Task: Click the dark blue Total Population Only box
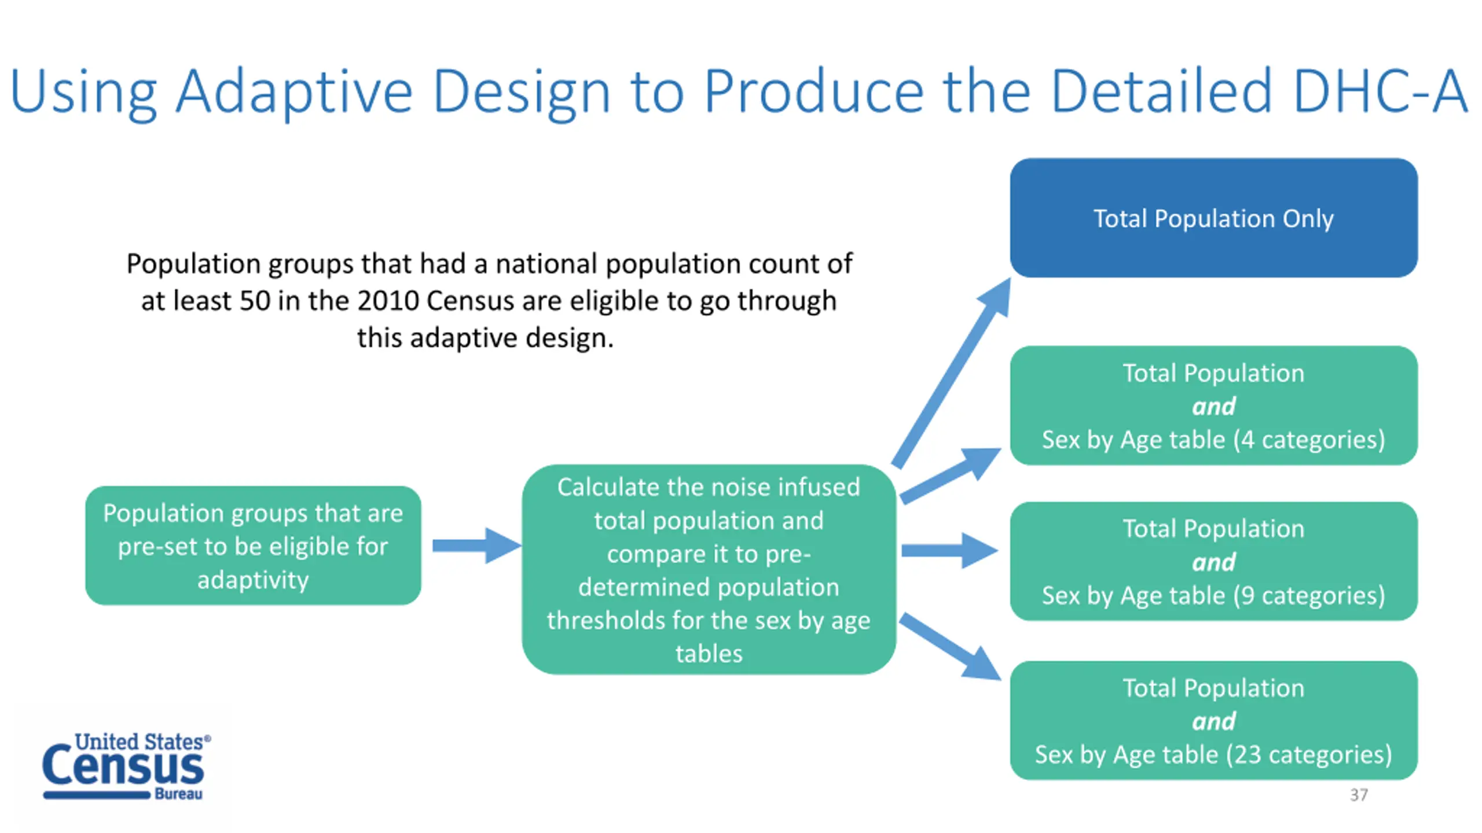click(x=1213, y=218)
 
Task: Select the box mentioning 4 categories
click(x=1213, y=406)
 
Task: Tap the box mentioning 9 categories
click(x=1213, y=561)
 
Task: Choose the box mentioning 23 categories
click(x=1213, y=721)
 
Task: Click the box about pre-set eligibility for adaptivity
click(x=253, y=545)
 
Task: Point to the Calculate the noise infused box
click(x=709, y=569)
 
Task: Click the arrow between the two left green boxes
click(x=475, y=545)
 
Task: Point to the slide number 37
click(x=1359, y=795)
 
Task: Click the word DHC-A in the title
click(x=1380, y=91)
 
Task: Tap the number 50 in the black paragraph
click(x=255, y=301)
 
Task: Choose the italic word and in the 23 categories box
click(x=1213, y=721)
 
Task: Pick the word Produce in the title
click(x=813, y=91)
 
